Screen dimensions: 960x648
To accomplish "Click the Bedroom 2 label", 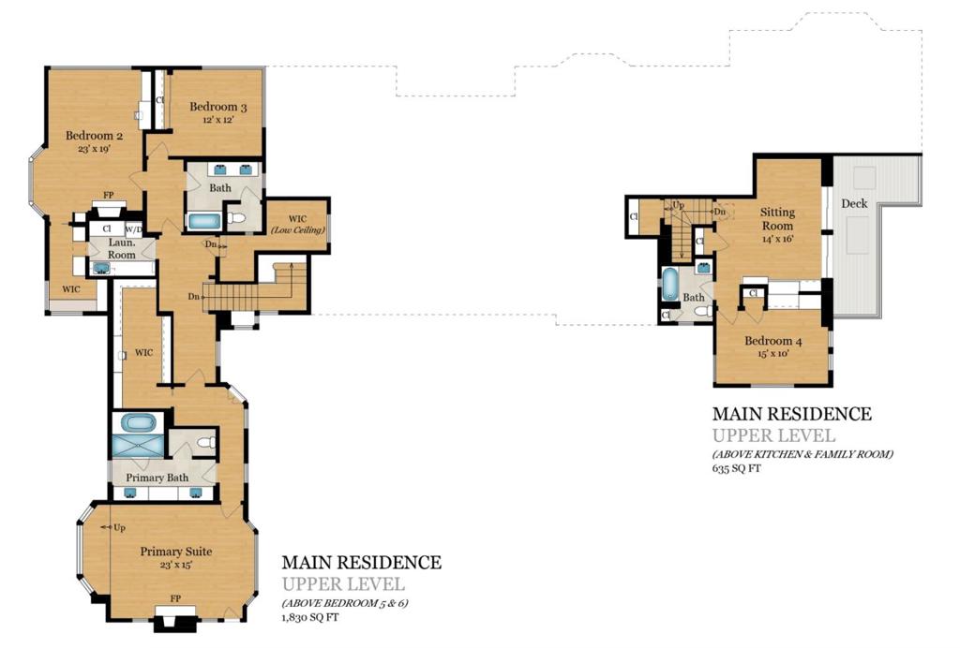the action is [95, 136].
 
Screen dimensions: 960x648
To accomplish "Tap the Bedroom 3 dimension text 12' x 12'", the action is [217, 120].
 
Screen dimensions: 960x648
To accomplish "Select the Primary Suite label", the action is [176, 551].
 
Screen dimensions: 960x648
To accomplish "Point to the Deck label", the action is [854, 203].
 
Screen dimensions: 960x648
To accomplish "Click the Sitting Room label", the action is [777, 219].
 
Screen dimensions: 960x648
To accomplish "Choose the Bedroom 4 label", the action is [773, 341].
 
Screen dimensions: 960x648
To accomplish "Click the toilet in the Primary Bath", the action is [206, 442].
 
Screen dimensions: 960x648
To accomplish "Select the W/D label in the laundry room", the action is [133, 229].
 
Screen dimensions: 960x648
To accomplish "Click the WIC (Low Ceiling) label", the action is [297, 224].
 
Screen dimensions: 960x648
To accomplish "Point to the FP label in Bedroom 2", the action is [109, 195].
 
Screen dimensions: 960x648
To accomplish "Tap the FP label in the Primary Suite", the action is [175, 598].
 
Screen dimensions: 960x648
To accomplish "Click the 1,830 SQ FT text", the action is [309, 617].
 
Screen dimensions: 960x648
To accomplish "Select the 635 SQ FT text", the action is [737, 468].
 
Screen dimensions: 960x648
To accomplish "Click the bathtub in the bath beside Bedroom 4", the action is [670, 285].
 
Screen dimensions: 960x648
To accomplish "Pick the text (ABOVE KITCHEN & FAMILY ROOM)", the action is [802, 454].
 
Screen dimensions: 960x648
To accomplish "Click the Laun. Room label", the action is [122, 248].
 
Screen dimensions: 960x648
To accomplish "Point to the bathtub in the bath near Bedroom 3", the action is [202, 221].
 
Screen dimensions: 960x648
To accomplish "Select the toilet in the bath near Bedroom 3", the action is [236, 217].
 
